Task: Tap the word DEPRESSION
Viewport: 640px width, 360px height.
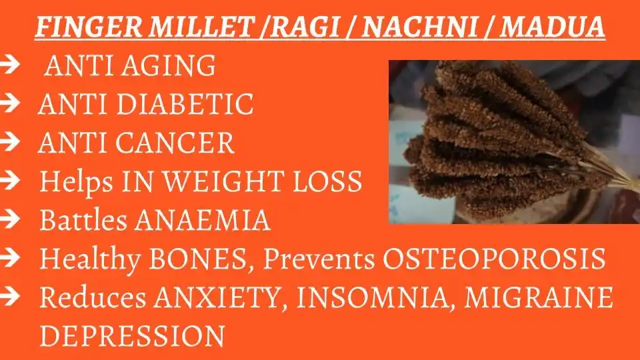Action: coord(131,336)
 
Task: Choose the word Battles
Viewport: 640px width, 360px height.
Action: coord(77,221)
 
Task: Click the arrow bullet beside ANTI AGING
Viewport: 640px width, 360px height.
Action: coord(11,66)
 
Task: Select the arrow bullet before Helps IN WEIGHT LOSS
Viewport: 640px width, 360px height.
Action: coord(11,181)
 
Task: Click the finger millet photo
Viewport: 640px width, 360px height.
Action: coord(513,141)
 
